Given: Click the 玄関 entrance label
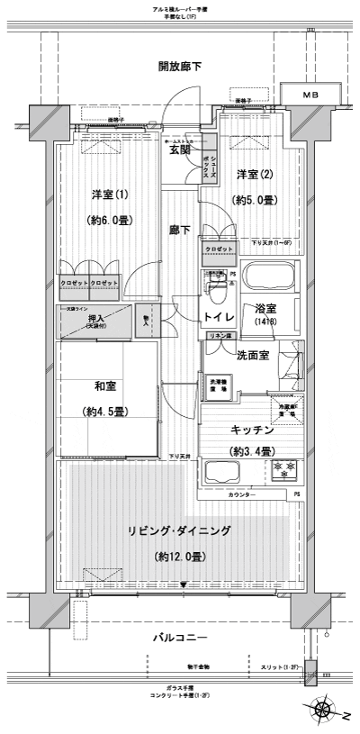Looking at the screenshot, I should (x=180, y=151).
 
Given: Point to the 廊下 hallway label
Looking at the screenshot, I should (x=180, y=231).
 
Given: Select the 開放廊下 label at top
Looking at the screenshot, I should (x=180, y=66).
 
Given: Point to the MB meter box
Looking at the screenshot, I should (x=310, y=94).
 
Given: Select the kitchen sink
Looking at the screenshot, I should (x=225, y=471).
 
